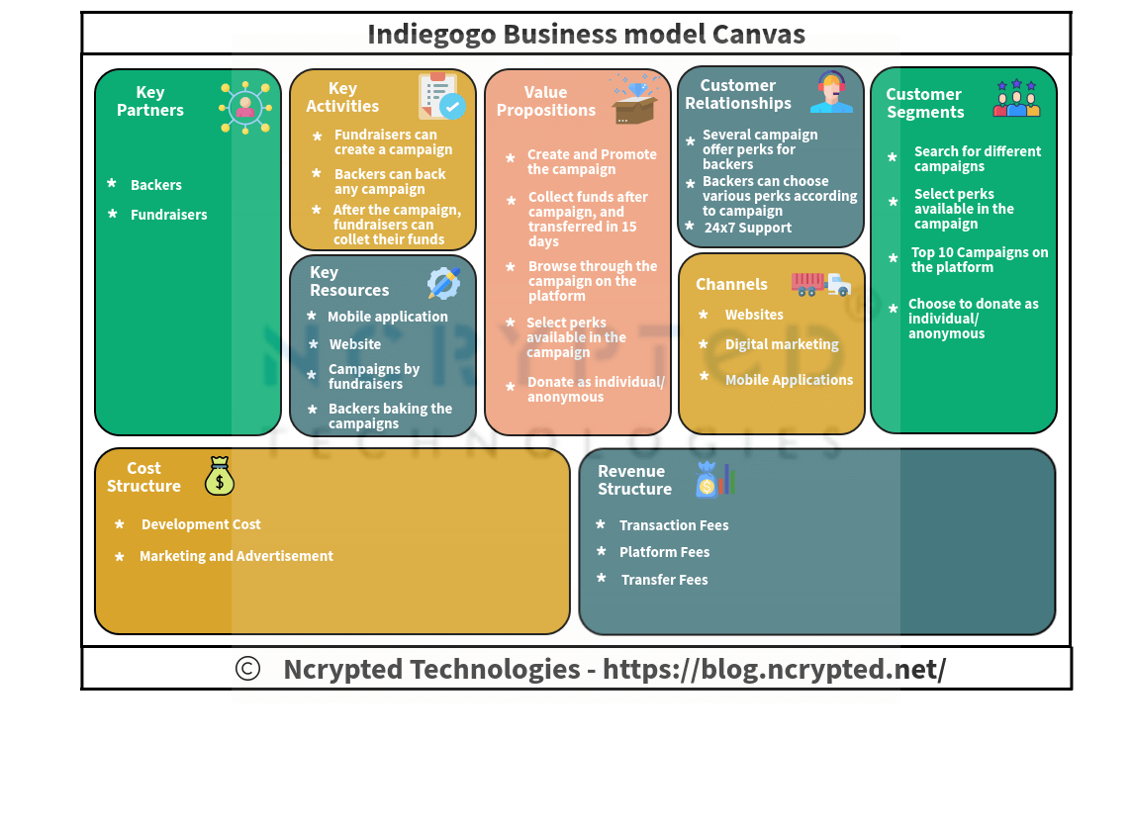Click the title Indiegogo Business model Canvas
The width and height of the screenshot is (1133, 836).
[x=586, y=35]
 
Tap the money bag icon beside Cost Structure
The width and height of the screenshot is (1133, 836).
[x=220, y=476]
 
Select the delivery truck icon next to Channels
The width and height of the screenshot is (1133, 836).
[x=820, y=284]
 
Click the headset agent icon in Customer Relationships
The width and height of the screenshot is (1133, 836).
[x=831, y=93]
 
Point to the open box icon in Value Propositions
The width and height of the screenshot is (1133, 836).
[x=634, y=100]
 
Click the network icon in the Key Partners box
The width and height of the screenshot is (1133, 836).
[x=244, y=107]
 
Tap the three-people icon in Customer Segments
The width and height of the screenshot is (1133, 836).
[x=1016, y=100]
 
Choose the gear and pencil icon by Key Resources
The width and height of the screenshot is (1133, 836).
[x=443, y=283]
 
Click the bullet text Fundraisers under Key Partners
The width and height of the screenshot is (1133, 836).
[x=169, y=215]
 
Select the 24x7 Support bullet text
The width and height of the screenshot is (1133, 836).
[x=748, y=228]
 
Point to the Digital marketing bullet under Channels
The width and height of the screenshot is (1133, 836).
[x=782, y=344]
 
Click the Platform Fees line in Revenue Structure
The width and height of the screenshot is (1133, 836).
[x=664, y=552]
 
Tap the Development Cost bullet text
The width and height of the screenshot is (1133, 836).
[x=201, y=524]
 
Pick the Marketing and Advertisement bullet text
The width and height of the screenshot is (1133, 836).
[x=236, y=556]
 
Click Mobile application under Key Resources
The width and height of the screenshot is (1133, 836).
[x=388, y=317]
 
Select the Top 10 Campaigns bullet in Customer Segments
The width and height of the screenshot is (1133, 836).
[x=980, y=259]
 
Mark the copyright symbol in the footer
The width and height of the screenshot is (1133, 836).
[x=247, y=669]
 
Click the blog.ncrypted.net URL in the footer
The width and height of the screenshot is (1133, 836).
[x=774, y=669]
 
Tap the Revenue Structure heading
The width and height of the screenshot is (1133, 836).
[x=634, y=480]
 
